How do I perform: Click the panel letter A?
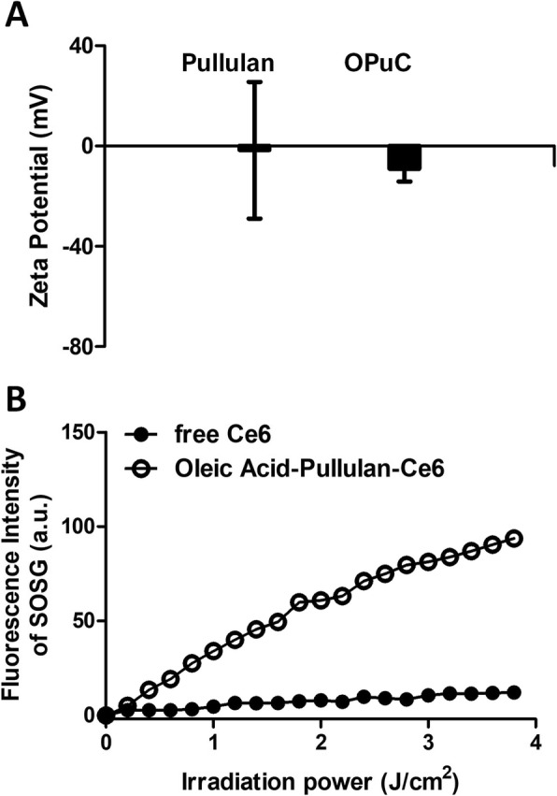16,16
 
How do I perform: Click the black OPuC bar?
405,158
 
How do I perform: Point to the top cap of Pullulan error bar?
254,82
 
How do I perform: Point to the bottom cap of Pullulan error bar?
254,218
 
